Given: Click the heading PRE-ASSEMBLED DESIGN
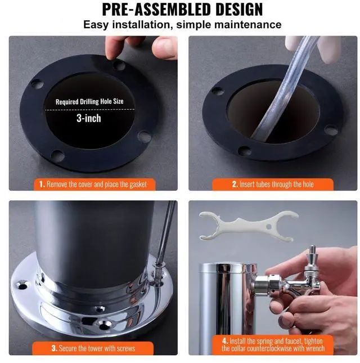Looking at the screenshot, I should pyautogui.click(x=182, y=10).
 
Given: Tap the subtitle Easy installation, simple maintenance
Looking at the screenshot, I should pyautogui.click(x=182, y=25).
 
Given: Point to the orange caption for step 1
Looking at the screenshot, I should pyautogui.click(x=93, y=184).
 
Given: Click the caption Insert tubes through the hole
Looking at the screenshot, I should pyautogui.click(x=272, y=184).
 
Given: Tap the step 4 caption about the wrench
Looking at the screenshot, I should pyautogui.click(x=273, y=344).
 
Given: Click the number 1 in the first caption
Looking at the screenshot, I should pyautogui.click(x=42, y=184).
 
